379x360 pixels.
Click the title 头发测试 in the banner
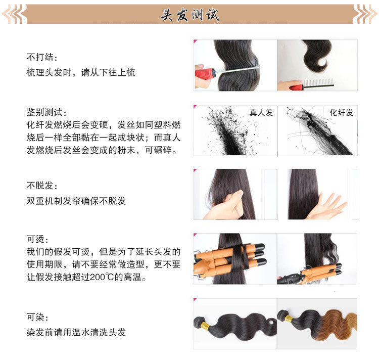(189, 15)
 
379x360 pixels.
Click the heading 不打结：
(42, 56)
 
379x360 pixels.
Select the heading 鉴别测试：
(46, 112)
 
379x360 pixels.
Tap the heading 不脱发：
(42, 185)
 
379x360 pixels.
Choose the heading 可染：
(38, 318)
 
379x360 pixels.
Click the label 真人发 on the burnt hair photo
(261, 113)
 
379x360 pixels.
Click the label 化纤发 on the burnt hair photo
(342, 113)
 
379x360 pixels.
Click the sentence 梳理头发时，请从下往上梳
(81, 73)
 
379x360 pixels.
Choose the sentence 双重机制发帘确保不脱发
(76, 201)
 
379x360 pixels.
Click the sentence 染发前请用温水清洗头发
(76, 332)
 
